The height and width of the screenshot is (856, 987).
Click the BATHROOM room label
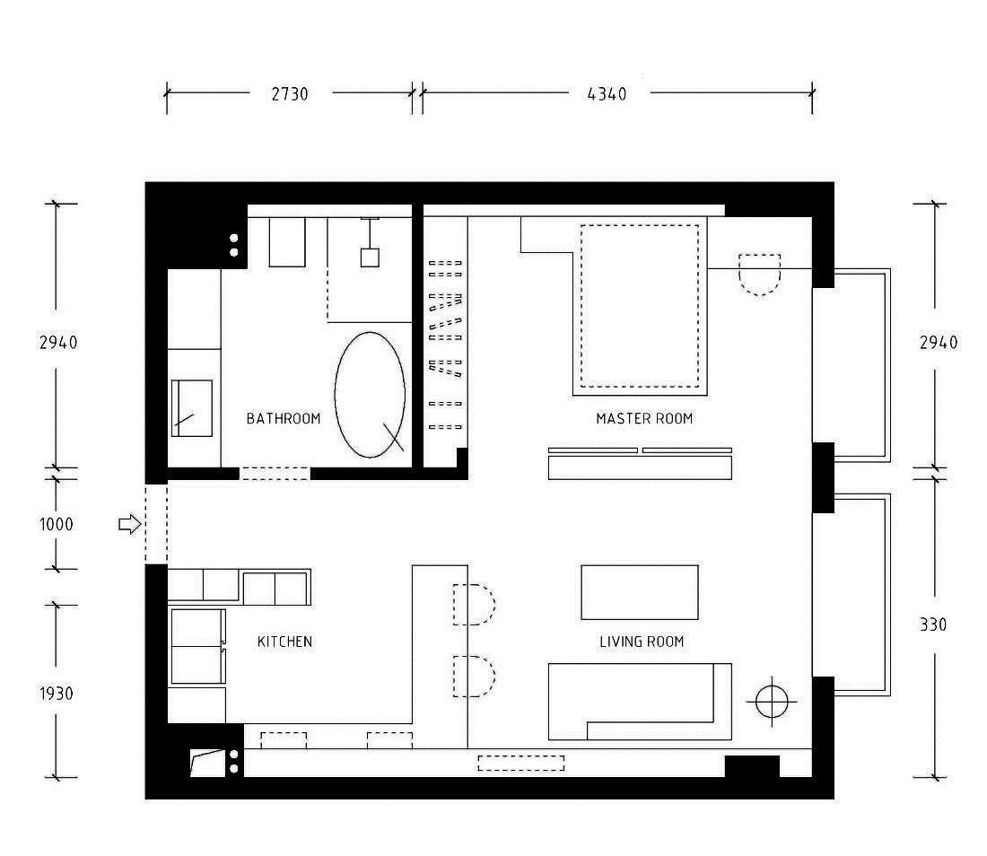point(284,418)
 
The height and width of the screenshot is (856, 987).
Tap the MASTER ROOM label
point(644,418)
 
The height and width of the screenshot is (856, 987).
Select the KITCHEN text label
point(284,642)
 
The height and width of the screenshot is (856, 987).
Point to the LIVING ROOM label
point(642,642)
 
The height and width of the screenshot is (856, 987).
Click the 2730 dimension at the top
point(290,94)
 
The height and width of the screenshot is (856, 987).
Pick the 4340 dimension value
point(607,94)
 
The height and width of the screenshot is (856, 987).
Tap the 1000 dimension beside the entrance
point(56,524)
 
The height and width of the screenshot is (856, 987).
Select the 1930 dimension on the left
point(57,693)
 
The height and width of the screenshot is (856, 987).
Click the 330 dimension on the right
point(933,625)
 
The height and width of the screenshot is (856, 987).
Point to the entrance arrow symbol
point(130,524)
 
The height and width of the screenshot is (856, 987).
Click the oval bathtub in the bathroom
point(370,395)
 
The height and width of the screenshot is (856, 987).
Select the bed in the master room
point(640,307)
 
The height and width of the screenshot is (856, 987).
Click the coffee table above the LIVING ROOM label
point(640,592)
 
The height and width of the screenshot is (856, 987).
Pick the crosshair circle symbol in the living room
point(772,701)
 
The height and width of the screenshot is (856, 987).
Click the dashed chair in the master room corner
point(759,275)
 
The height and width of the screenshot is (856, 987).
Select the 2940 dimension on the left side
point(58,343)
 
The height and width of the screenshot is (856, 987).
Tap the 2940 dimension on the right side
point(939,343)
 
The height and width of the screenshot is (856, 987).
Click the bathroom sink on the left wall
point(191,408)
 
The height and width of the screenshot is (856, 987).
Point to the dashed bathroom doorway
point(275,474)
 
